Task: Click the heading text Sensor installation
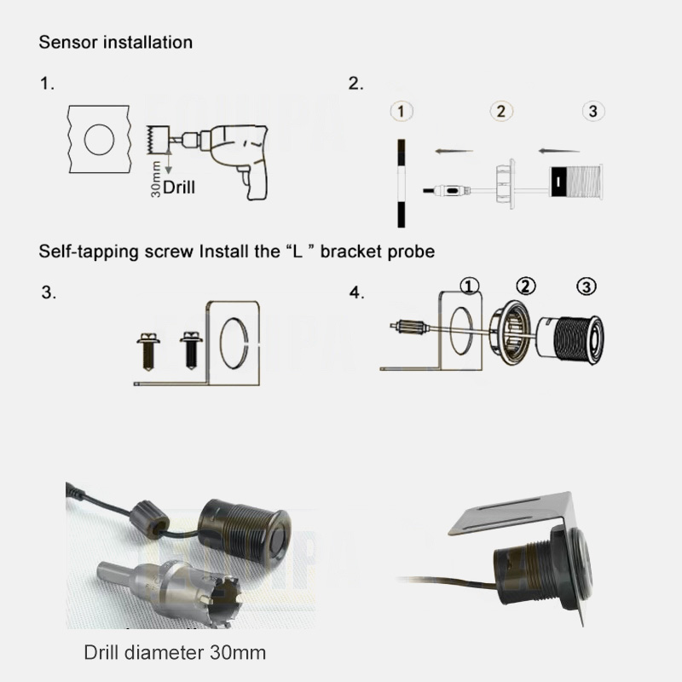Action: click(116, 42)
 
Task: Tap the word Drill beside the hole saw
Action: click(179, 188)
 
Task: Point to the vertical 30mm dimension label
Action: click(156, 179)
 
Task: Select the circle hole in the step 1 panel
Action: click(99, 139)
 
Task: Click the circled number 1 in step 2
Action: click(402, 112)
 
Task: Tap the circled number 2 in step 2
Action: click(501, 112)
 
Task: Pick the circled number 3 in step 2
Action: click(593, 111)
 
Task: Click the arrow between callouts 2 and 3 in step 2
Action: click(559, 152)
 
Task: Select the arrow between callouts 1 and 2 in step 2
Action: click(454, 152)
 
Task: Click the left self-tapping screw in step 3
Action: click(148, 351)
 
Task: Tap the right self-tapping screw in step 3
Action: click(191, 350)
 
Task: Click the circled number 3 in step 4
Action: click(587, 286)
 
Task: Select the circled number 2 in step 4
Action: click(526, 286)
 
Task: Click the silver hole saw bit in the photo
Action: click(170, 592)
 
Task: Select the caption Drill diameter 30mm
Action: click(175, 652)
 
